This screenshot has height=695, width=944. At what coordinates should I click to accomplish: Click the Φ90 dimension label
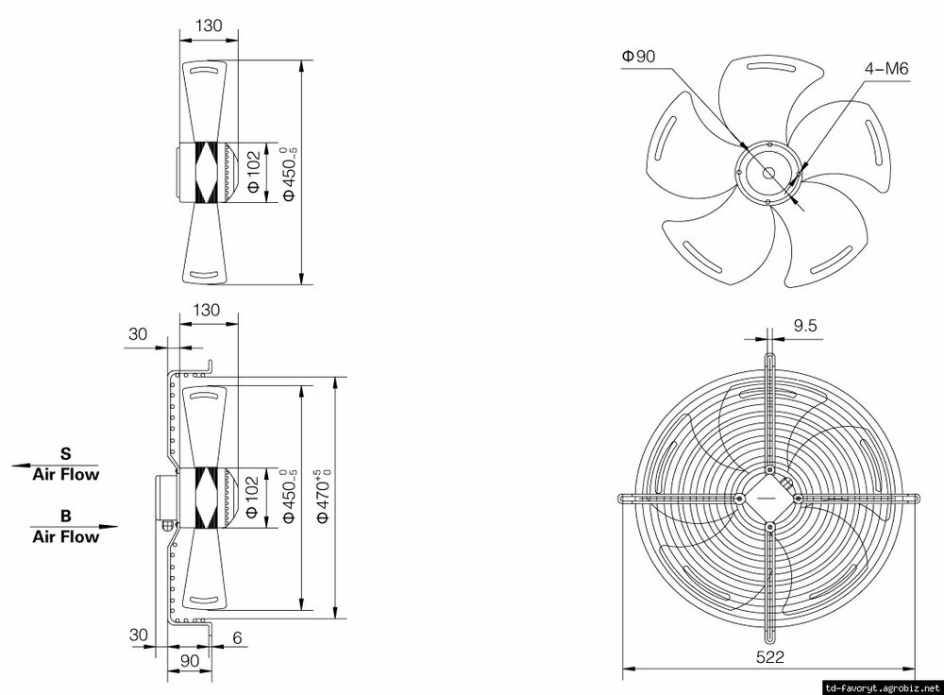(x=639, y=57)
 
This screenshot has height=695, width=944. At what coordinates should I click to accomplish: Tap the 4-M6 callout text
(x=886, y=69)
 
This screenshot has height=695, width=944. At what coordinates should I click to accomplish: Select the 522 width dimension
(x=770, y=656)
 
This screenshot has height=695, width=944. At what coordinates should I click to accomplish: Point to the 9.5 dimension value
(x=805, y=326)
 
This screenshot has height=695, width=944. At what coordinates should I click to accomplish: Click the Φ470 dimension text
(x=325, y=495)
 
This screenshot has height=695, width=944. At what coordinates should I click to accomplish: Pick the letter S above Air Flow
(x=66, y=453)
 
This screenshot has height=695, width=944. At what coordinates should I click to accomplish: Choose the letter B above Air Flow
(x=66, y=517)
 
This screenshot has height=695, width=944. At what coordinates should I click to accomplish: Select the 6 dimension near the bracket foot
(x=237, y=637)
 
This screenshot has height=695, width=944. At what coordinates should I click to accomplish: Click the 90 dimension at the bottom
(x=189, y=661)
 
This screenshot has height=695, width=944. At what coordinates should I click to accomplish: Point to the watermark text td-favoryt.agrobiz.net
(x=882, y=687)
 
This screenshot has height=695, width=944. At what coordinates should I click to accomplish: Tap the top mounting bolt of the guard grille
(x=769, y=469)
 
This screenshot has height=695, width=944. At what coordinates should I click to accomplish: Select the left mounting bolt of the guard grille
(x=739, y=498)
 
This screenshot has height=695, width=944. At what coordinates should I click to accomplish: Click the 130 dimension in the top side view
(x=209, y=25)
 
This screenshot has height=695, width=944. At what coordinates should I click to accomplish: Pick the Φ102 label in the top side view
(x=254, y=172)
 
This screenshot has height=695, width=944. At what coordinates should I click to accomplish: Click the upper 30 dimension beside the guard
(x=138, y=334)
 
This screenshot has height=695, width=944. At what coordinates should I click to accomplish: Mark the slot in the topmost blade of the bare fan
(x=770, y=65)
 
